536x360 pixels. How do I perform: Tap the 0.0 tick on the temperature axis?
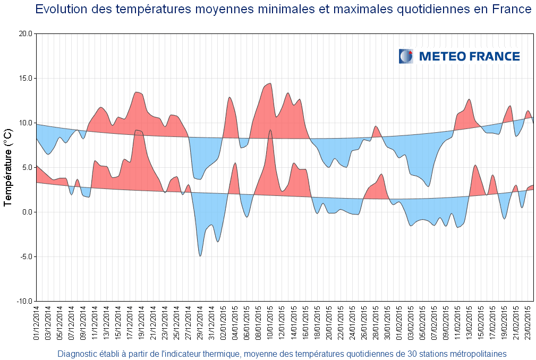pos(27,212)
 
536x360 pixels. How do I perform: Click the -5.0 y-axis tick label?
pos(26,256)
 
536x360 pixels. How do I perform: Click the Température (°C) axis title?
pos(8,167)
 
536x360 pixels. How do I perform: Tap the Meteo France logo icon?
pos(406,56)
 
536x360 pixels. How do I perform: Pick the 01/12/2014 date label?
pos(37,323)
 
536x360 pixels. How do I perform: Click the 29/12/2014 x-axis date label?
pos(200,323)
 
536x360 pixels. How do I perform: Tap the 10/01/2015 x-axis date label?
pos(270,323)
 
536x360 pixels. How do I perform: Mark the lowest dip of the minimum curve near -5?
pos(200,256)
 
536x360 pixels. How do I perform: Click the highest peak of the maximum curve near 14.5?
pos(270,83)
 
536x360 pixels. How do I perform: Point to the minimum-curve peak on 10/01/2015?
pos(270,130)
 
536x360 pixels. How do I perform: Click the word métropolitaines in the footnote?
pos(475,354)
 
